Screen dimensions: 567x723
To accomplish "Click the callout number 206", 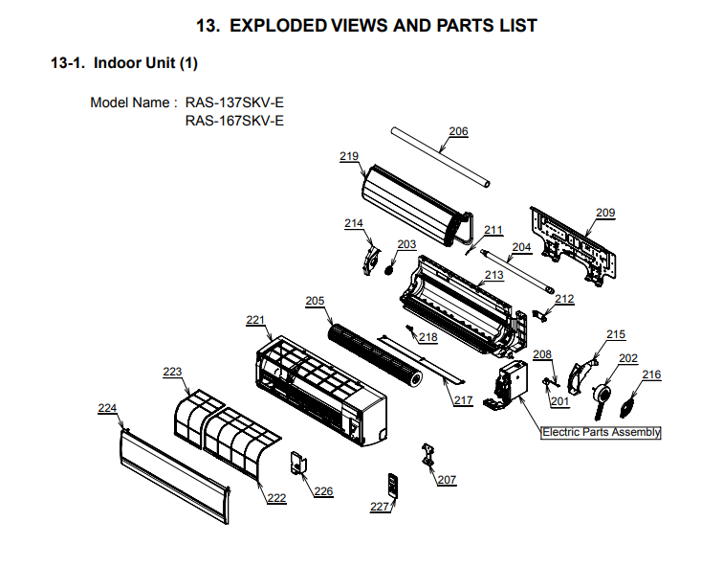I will [x=459, y=131].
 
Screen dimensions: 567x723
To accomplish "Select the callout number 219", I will [x=349, y=155].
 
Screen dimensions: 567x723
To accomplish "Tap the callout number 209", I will [x=605, y=213].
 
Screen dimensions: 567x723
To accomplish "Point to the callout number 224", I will [x=108, y=408].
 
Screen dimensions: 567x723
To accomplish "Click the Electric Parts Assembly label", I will [x=602, y=432].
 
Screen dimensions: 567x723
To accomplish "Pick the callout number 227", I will [x=380, y=507].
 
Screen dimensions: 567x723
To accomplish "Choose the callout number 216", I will [x=651, y=374].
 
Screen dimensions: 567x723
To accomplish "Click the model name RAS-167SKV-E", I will [x=234, y=121].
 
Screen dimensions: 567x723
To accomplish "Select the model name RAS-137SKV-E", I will [x=234, y=102].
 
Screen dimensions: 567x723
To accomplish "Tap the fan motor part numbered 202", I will [x=602, y=395].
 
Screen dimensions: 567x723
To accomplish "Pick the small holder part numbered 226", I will [x=299, y=464].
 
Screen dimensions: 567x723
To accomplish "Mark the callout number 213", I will [x=493, y=275].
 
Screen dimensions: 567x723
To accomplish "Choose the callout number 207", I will [x=447, y=479].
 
